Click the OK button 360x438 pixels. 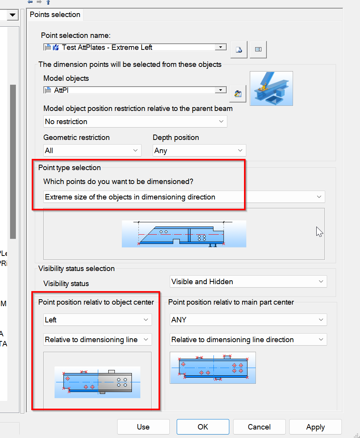pos(203,427)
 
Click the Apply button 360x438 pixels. pos(315,427)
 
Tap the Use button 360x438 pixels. pos(143,427)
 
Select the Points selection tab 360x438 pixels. pos(55,15)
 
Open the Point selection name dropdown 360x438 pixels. pos(220,47)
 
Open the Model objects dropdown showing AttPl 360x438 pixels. pos(220,90)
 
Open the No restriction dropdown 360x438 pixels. pos(135,121)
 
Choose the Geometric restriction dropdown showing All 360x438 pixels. pos(92,150)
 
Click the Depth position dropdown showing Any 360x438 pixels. pos(199,150)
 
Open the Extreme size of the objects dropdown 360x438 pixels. pos(184,197)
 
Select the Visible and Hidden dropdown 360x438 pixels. pos(248,281)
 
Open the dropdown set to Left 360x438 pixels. pos(97,320)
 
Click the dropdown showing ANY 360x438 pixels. pos(248,320)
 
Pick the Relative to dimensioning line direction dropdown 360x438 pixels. pos(248,339)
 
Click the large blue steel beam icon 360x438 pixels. pos(271,89)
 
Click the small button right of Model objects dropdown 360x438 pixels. pos(237,93)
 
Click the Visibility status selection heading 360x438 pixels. pos(77,268)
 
